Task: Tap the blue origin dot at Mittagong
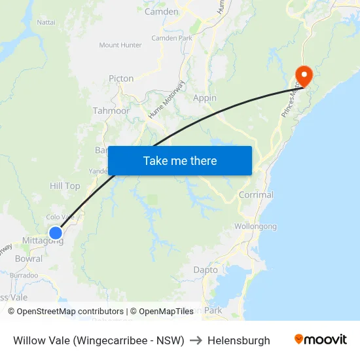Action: [56, 232]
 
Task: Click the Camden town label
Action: [161, 12]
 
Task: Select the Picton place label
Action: [121, 79]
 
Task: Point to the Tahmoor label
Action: [111, 111]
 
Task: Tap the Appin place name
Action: [205, 98]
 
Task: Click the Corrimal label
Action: [256, 195]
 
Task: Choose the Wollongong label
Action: [255, 226]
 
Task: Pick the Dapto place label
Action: [206, 270]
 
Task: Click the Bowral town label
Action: [28, 259]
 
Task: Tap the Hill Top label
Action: [65, 186]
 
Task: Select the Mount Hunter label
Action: [120, 45]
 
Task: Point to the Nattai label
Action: [46, 22]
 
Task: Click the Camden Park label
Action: [171, 38]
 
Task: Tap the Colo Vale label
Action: [60, 217]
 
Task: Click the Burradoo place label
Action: [24, 276]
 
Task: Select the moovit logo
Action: [321, 340]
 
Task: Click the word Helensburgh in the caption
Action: [239, 340]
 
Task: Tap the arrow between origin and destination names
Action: [196, 340]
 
